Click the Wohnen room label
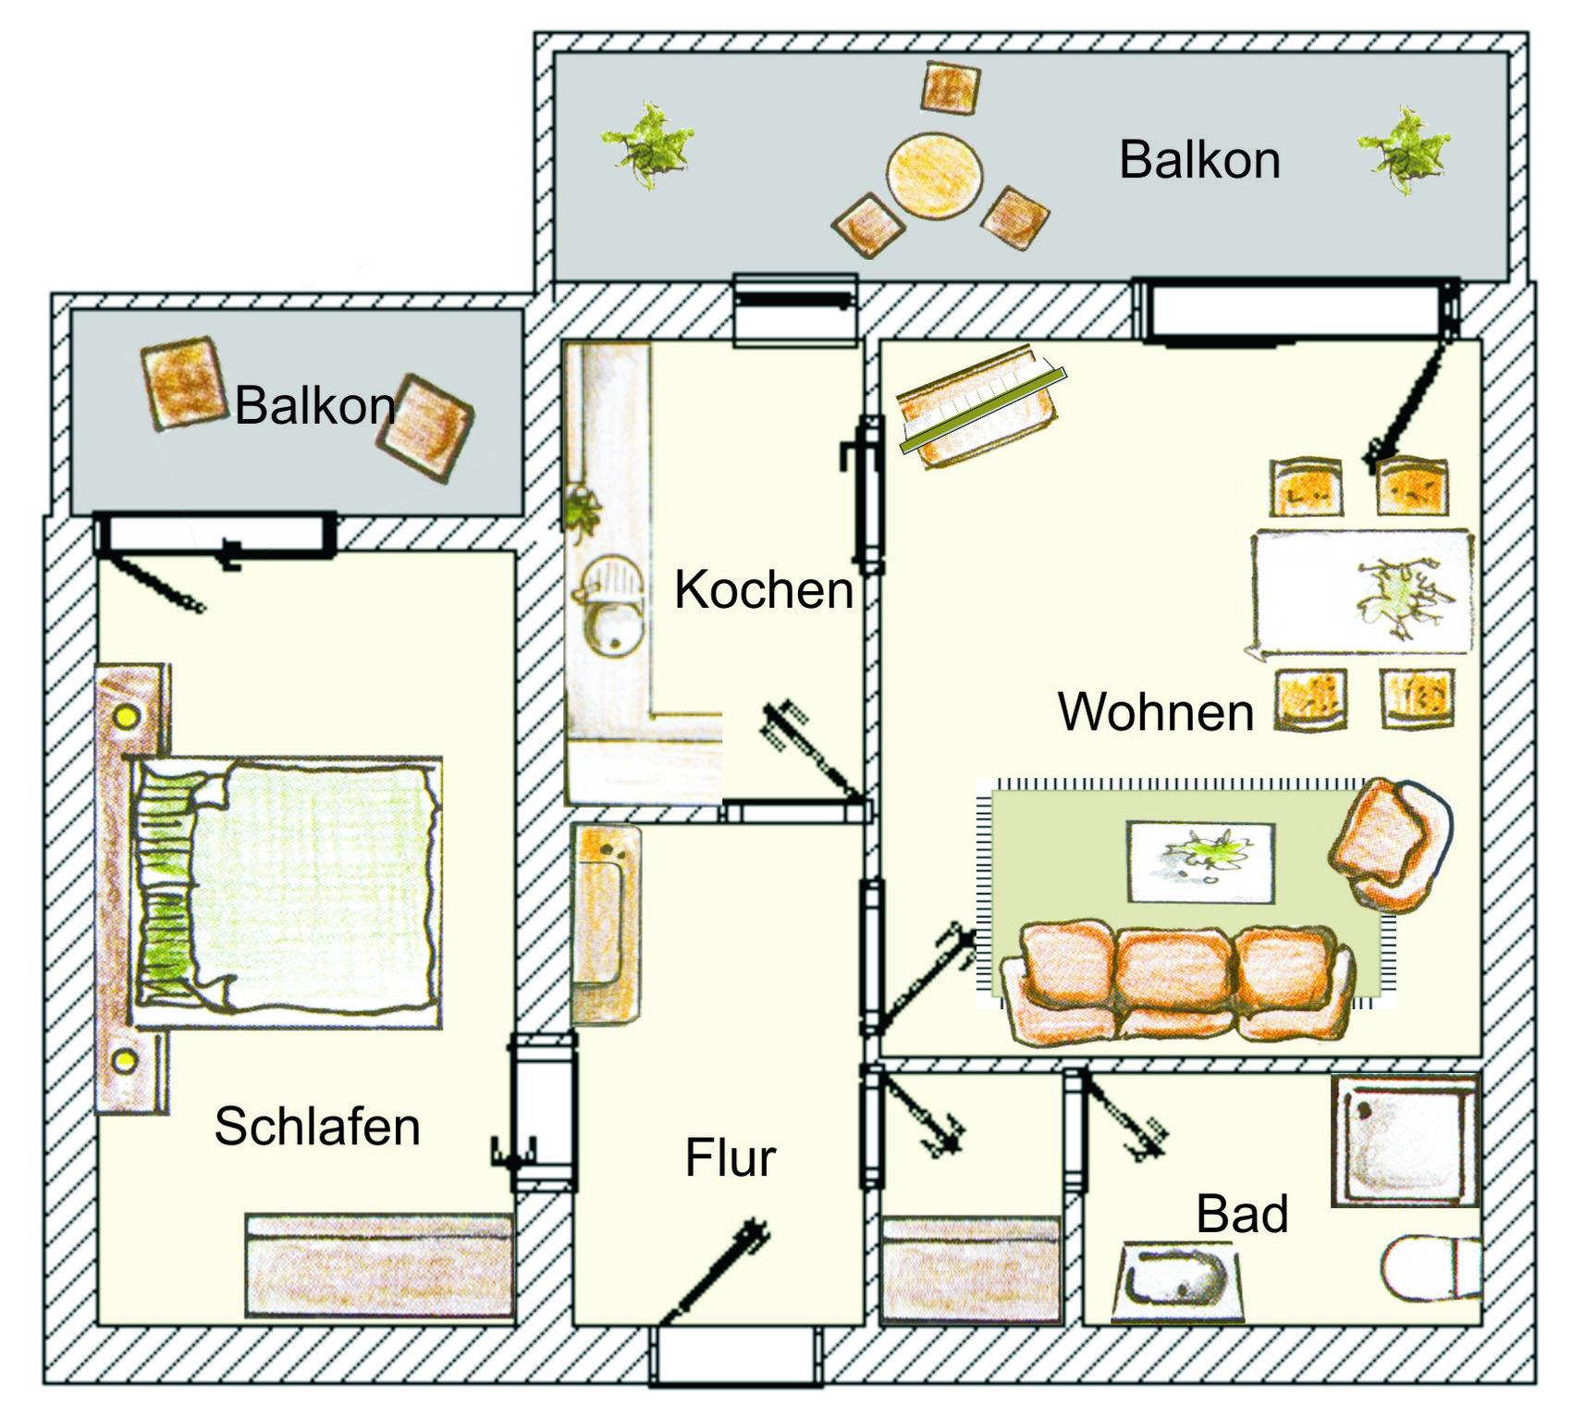click(x=1156, y=711)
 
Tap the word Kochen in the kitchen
click(x=764, y=589)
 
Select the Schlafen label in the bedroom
click(x=317, y=1126)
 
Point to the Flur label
click(x=731, y=1157)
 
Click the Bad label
click(x=1242, y=1214)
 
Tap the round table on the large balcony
click(x=935, y=176)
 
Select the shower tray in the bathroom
click(x=1406, y=1140)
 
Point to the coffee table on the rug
click(x=1200, y=861)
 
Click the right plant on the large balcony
click(x=1405, y=151)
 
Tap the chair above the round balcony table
click(x=950, y=88)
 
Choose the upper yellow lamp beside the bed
click(x=126, y=717)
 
